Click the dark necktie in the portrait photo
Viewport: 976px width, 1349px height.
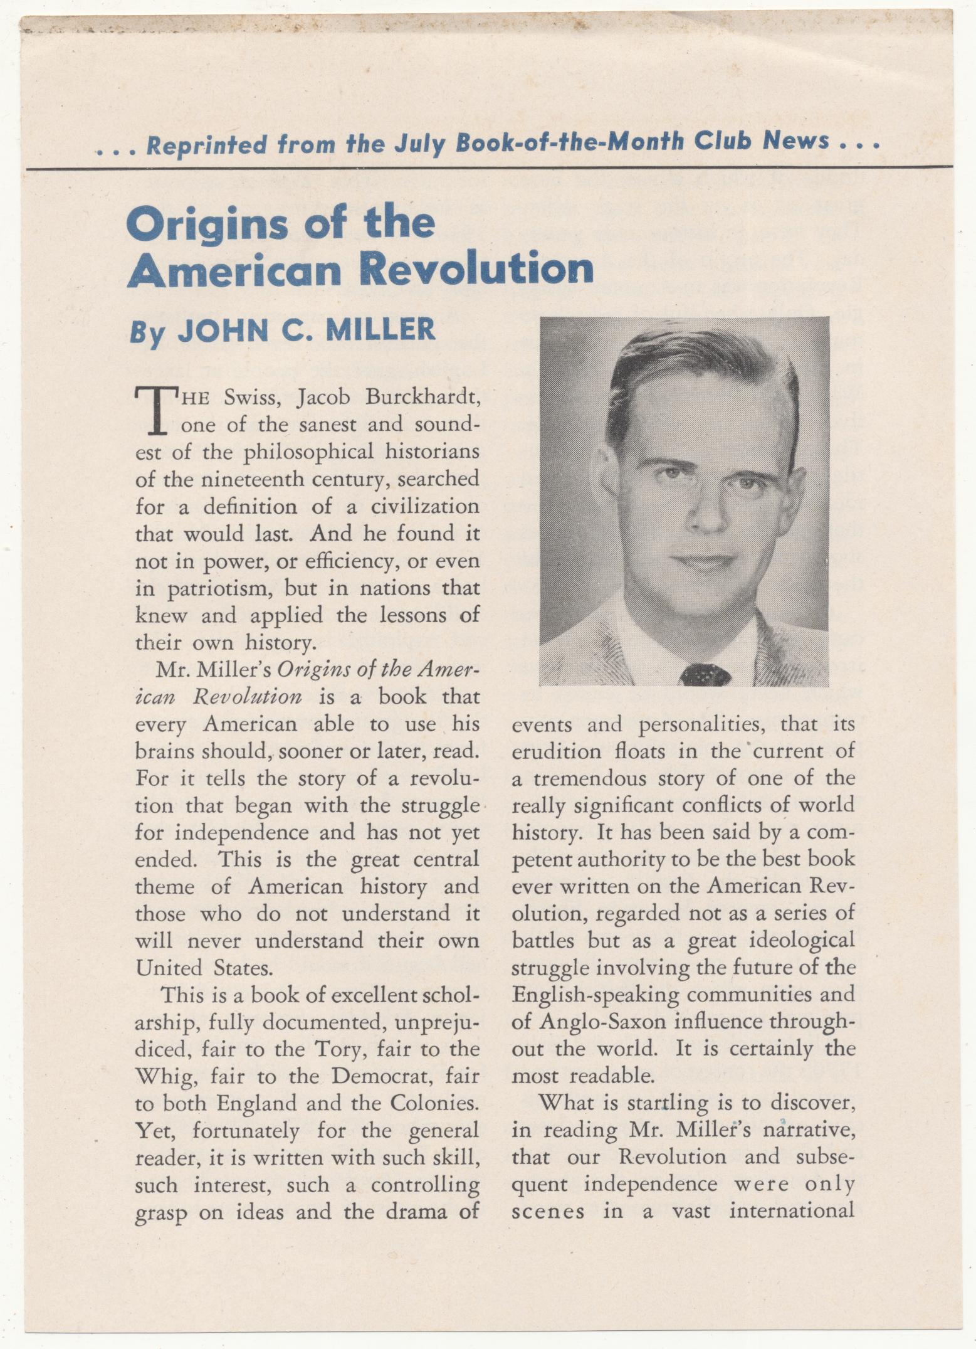(705, 675)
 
